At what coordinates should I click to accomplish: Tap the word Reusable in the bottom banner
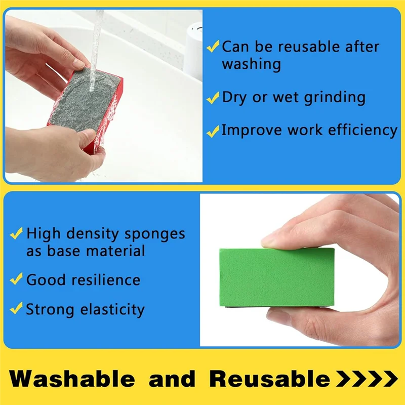click(x=269, y=379)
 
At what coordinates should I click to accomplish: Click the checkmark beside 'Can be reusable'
click(x=213, y=48)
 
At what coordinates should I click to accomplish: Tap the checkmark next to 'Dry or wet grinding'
click(x=213, y=97)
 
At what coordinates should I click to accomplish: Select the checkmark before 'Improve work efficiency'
click(x=213, y=131)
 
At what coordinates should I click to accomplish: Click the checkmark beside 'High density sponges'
click(x=17, y=234)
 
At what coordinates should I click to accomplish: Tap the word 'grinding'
click(x=334, y=97)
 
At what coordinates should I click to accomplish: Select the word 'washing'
click(x=251, y=64)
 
